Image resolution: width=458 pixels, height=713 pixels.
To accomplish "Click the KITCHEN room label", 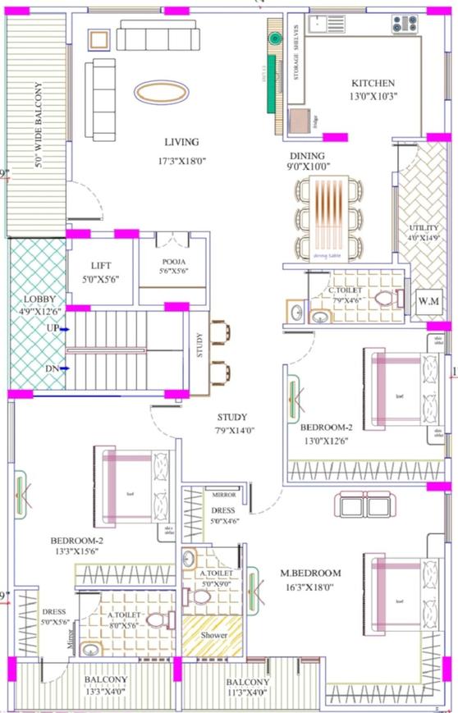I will coord(373,83).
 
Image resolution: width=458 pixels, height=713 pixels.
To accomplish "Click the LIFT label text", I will coord(101,266).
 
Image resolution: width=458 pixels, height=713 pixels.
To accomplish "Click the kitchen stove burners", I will coord(404,24).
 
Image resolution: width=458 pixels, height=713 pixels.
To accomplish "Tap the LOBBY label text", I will coord(39,299).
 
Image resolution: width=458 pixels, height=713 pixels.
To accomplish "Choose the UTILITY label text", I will coord(424,228).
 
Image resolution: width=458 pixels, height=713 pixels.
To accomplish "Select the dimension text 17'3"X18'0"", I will coord(181,160).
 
